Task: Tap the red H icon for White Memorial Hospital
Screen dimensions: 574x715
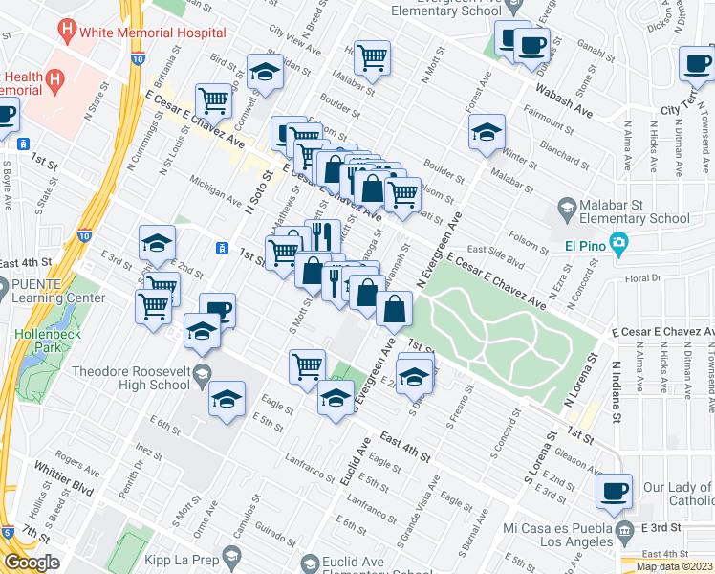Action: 67,30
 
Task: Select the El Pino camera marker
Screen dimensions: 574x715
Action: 619,244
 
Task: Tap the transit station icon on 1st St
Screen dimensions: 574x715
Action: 222,248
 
